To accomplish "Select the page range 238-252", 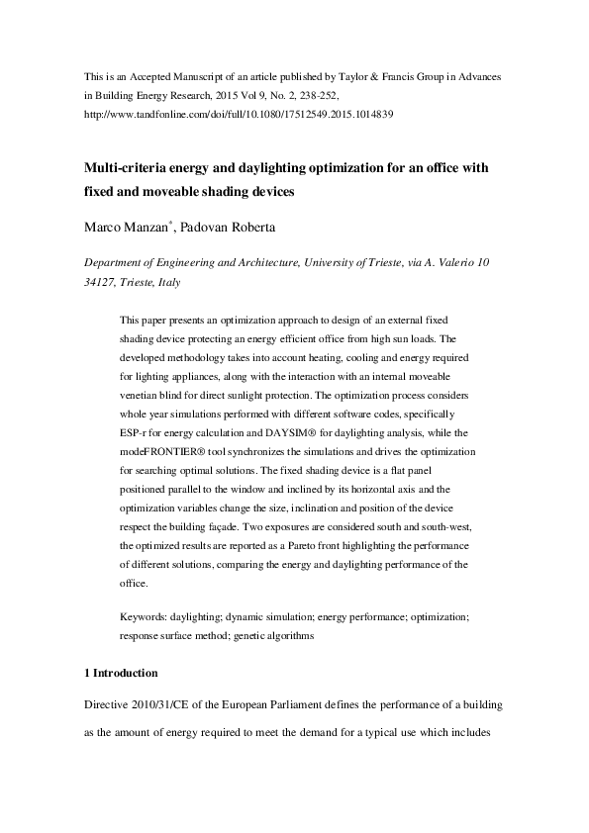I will [318, 95].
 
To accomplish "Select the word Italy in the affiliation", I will [164, 282].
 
